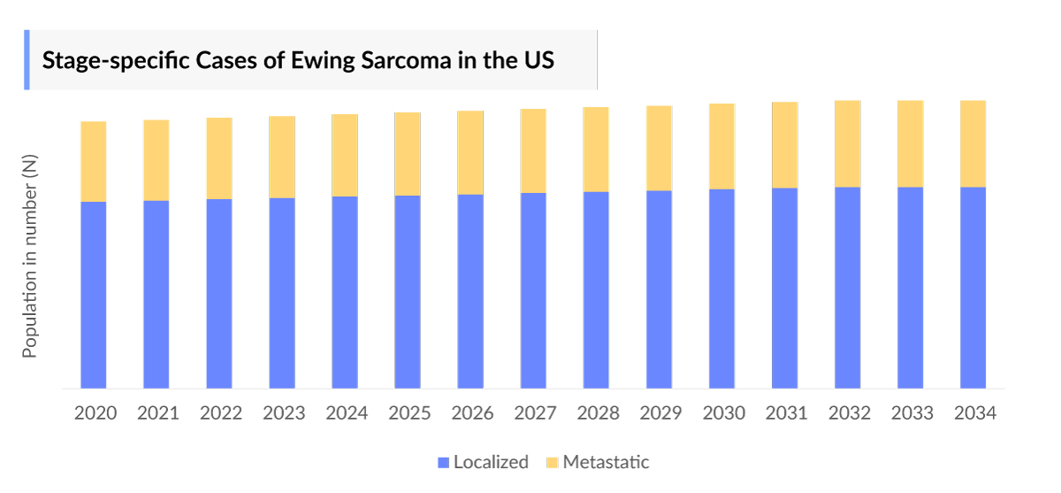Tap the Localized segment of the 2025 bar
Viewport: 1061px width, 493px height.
(408, 291)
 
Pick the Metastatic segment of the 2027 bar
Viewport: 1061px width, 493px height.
(533, 150)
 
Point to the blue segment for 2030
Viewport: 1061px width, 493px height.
(721, 289)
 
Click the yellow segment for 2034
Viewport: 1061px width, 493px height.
(973, 143)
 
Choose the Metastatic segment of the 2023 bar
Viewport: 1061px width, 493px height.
(282, 157)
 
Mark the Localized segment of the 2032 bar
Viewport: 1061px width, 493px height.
(847, 288)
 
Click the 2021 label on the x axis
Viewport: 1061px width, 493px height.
(157, 413)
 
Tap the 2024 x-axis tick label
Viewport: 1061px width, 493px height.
(346, 413)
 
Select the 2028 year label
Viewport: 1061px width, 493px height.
(597, 413)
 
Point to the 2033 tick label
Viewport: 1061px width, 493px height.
(911, 413)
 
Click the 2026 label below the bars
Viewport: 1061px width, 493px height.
(471, 413)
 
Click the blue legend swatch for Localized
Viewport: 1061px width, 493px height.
(444, 462)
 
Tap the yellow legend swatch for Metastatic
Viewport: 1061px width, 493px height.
(553, 462)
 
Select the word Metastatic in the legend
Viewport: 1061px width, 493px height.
(606, 462)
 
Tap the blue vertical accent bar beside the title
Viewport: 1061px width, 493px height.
(27, 59)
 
